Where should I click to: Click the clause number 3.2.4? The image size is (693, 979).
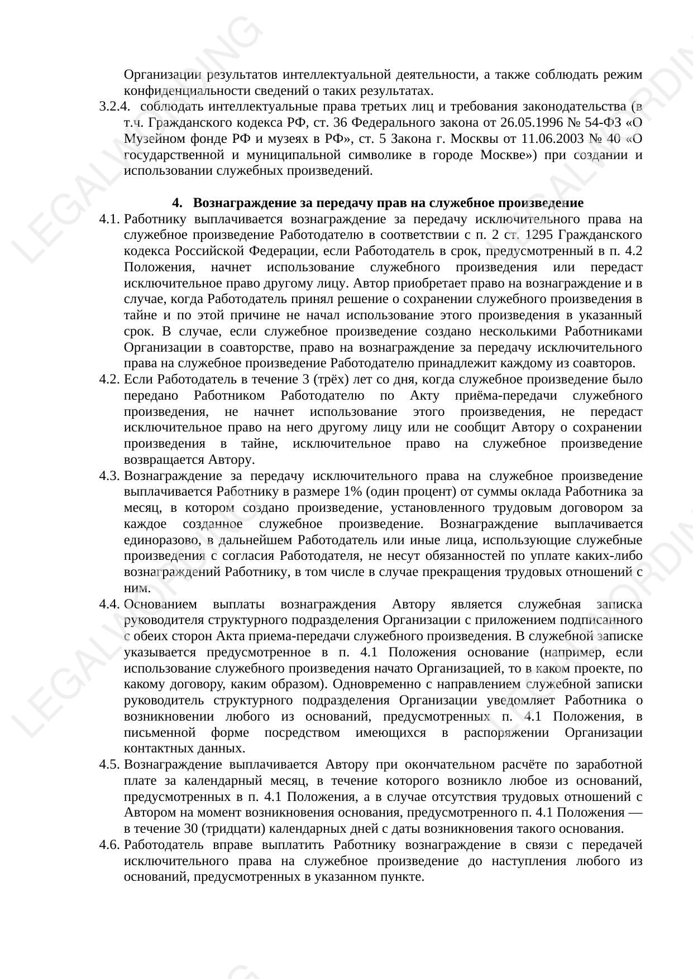(x=114, y=107)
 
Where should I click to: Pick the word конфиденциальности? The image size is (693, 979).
(x=180, y=91)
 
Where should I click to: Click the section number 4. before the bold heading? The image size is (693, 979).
(x=177, y=203)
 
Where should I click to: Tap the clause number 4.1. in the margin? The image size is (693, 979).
(x=109, y=219)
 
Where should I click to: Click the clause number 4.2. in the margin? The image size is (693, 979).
(x=109, y=380)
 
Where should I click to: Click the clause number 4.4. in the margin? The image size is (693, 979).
(x=109, y=604)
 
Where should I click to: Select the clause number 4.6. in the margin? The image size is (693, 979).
(x=109, y=845)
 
